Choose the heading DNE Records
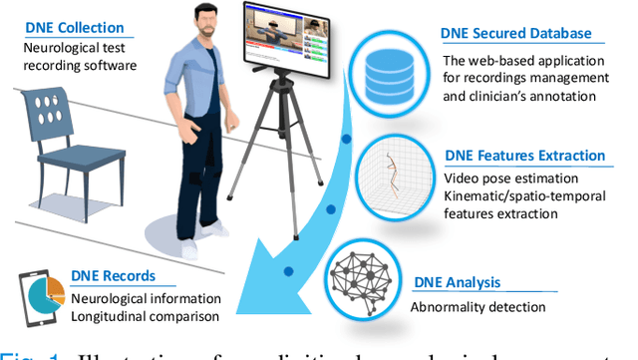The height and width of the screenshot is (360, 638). pos(119,279)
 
